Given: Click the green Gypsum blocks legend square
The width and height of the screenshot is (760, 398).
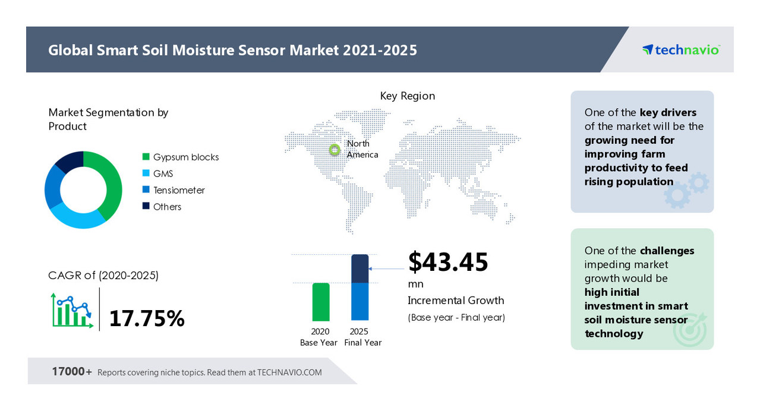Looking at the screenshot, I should pyautogui.click(x=146, y=157).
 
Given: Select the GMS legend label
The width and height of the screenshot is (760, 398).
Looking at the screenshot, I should pyautogui.click(x=163, y=173).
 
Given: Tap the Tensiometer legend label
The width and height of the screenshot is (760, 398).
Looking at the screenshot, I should pyautogui.click(x=179, y=190).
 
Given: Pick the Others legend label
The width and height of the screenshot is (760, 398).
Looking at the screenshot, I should pyautogui.click(x=167, y=207).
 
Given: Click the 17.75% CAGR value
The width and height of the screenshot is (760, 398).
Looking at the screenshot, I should pyautogui.click(x=147, y=318).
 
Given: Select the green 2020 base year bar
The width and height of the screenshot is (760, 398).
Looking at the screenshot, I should pyautogui.click(x=321, y=302).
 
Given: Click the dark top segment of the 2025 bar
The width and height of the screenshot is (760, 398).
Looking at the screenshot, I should pyautogui.click(x=360, y=269).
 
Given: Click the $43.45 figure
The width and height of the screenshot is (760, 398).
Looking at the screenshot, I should pyautogui.click(x=448, y=262).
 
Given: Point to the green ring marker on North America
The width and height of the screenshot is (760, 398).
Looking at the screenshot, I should pyautogui.click(x=335, y=149).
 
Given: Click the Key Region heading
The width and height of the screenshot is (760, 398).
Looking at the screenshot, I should pyautogui.click(x=408, y=96).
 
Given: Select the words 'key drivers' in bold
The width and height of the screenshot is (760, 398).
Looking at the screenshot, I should pyautogui.click(x=668, y=112).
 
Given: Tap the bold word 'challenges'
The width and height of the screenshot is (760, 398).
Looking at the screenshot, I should pyautogui.click(x=667, y=251).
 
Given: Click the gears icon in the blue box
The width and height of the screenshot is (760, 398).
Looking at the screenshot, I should pyautogui.click(x=686, y=189).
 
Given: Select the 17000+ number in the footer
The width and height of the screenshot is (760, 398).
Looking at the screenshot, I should pyautogui.click(x=72, y=372).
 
